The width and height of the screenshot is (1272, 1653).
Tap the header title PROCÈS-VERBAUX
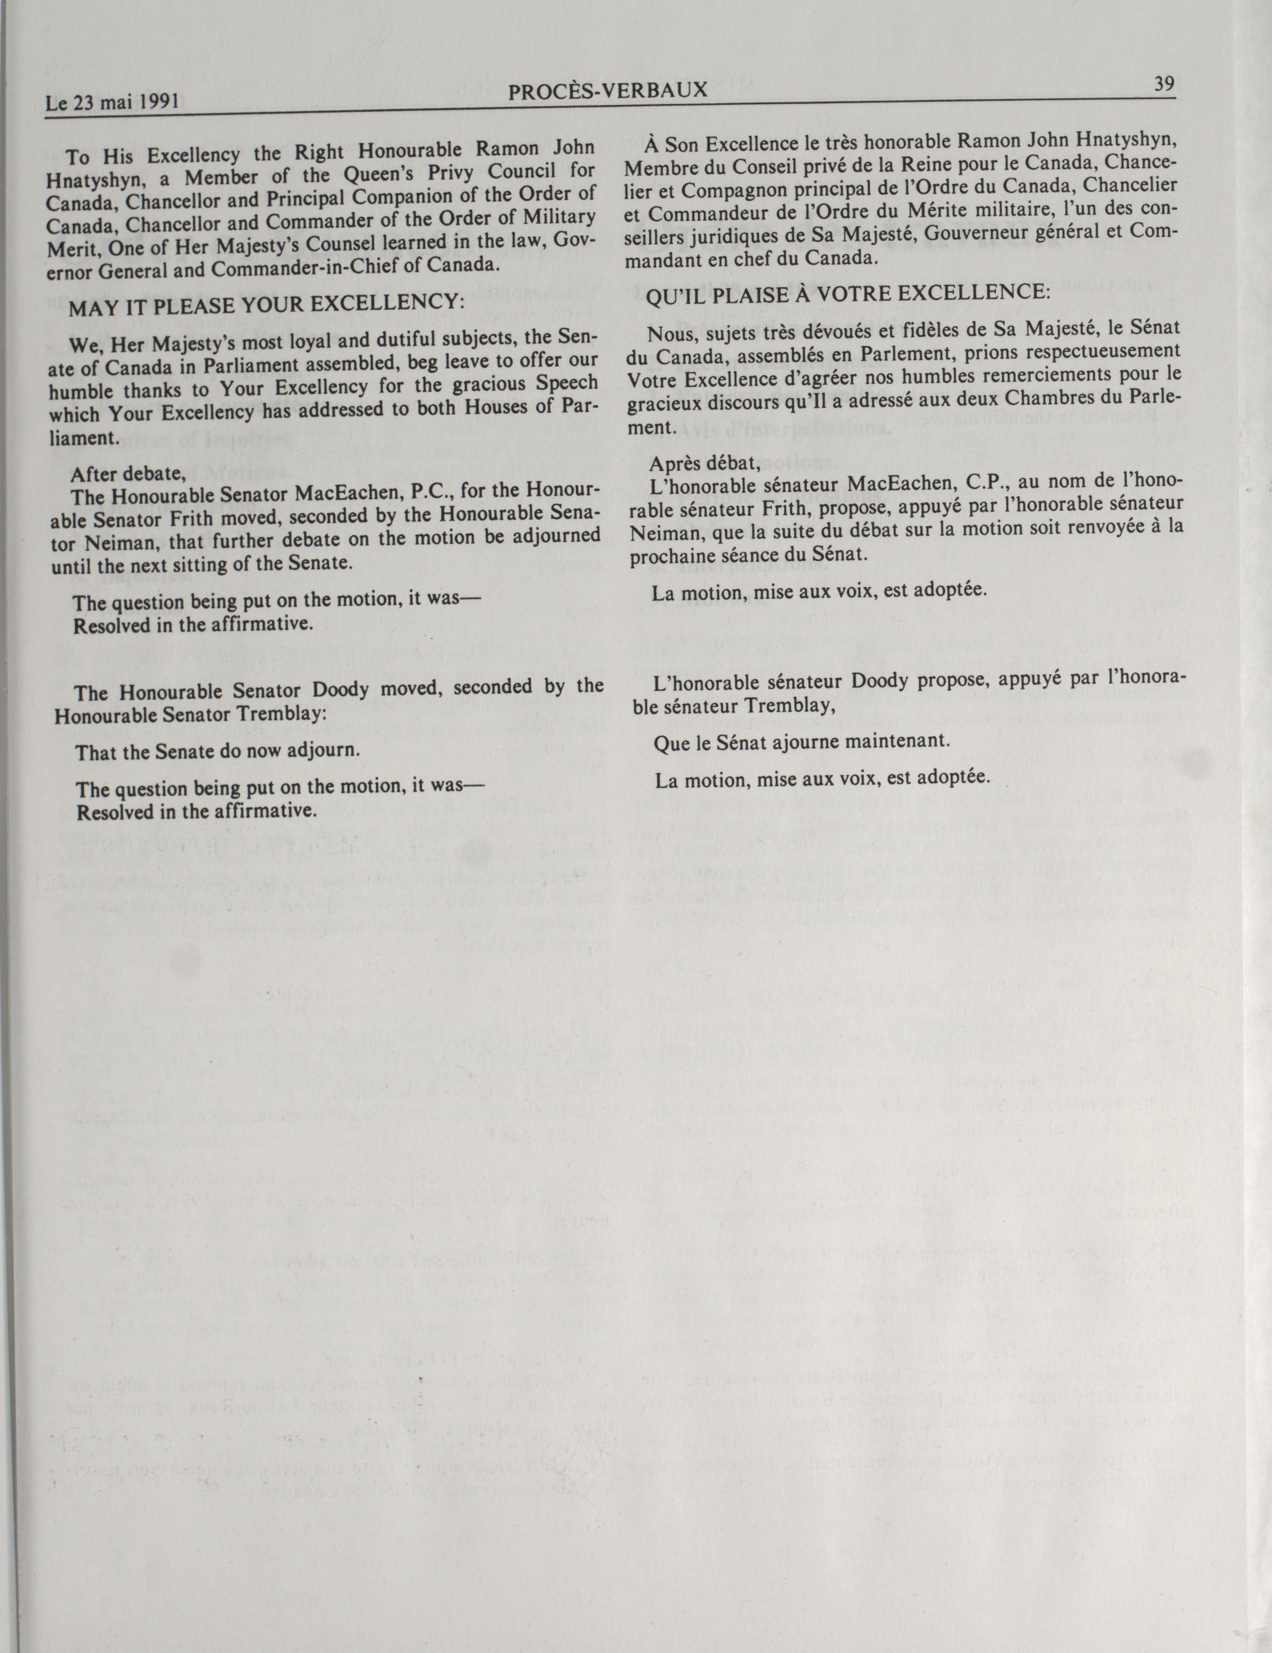click(608, 91)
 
